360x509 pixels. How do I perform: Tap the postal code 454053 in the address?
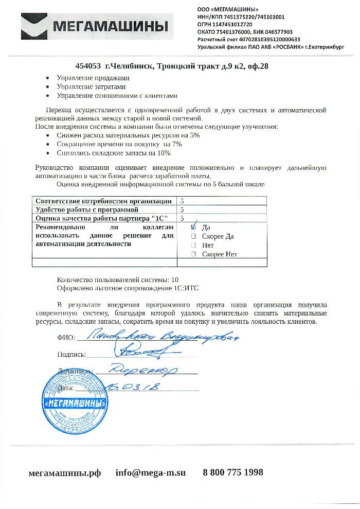click(x=88, y=66)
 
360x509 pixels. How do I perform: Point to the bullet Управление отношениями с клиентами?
click(x=117, y=95)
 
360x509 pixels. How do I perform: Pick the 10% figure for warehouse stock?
click(x=164, y=153)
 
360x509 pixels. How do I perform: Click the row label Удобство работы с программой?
click(x=86, y=210)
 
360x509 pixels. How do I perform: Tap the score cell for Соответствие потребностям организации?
click(x=183, y=201)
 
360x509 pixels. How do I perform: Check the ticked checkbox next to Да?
click(x=193, y=227)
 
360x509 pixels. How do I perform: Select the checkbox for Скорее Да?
click(x=193, y=236)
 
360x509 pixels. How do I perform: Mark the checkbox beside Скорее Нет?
click(x=193, y=254)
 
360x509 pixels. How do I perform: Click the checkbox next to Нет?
click(x=193, y=245)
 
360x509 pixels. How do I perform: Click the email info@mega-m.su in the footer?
click(x=150, y=472)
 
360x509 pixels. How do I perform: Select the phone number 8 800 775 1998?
click(x=233, y=472)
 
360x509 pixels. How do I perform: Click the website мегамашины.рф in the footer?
click(x=64, y=472)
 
